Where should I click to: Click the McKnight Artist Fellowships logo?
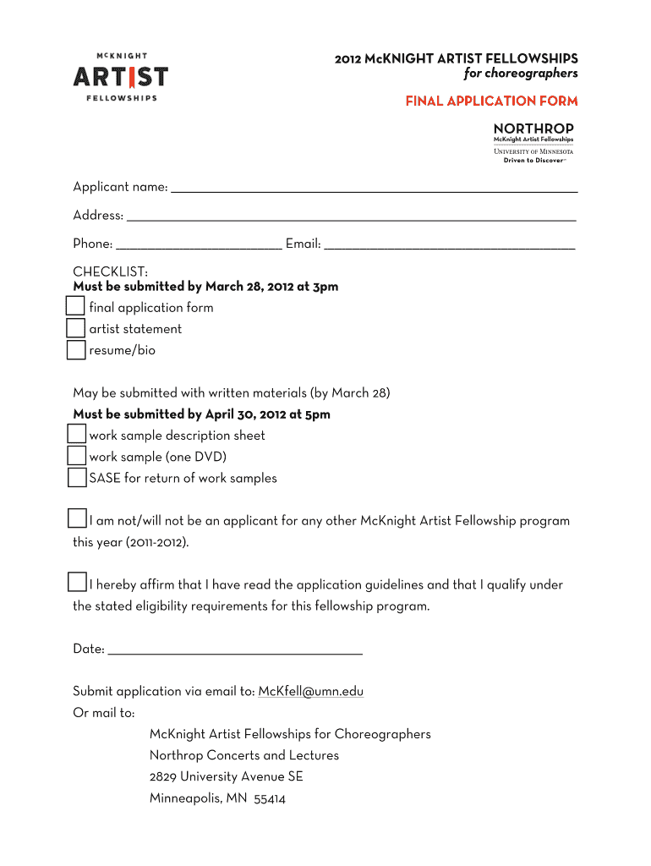tap(120, 77)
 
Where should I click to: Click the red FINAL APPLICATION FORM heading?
tap(491, 101)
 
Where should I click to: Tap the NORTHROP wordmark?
tap(533, 129)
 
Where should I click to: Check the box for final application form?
tap(76, 306)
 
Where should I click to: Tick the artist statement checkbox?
tap(76, 328)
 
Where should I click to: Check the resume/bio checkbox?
tap(76, 349)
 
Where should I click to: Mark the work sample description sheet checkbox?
tap(77, 435)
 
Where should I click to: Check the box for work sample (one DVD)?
tap(77, 456)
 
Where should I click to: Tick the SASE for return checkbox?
tap(77, 478)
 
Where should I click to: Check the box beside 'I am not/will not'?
tap(77, 519)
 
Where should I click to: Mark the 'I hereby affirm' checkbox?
tap(77, 583)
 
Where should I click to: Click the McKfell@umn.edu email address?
tap(310, 692)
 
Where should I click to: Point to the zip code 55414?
tap(270, 798)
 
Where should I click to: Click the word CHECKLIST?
tap(110, 271)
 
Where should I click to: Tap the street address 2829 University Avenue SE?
tap(226, 777)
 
